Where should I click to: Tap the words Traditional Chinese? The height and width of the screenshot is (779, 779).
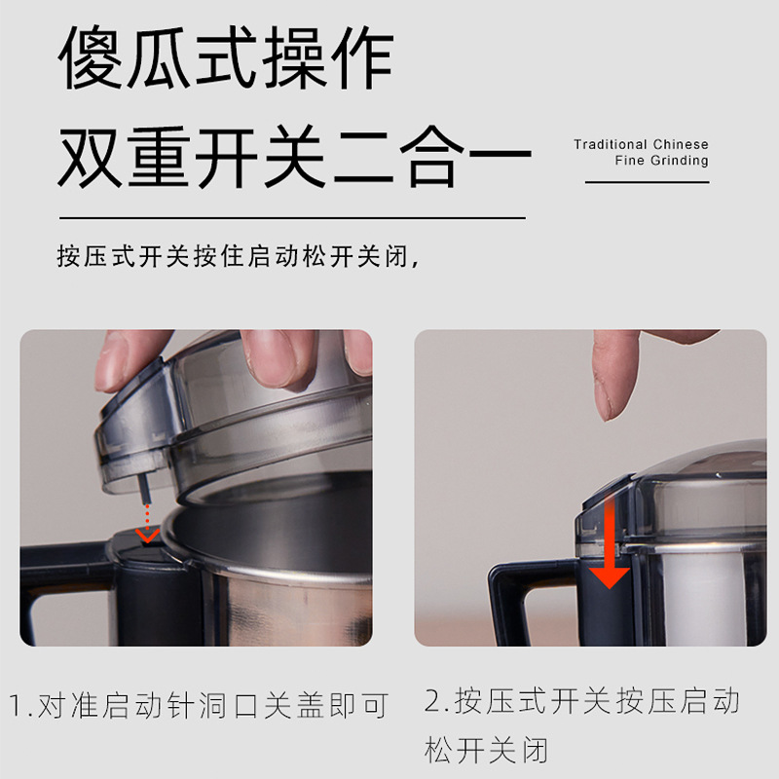[x=641, y=144]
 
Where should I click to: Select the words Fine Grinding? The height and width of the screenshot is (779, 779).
[x=661, y=161]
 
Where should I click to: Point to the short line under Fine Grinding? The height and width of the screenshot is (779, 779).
[x=647, y=182]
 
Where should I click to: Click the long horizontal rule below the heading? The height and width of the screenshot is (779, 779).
[x=292, y=217]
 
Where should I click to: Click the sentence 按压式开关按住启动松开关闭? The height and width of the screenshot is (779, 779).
[x=239, y=258]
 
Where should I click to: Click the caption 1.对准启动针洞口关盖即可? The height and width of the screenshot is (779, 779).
[x=200, y=704]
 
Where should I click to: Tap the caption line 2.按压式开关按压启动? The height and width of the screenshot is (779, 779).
[x=582, y=701]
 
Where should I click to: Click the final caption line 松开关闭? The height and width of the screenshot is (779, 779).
[x=487, y=750]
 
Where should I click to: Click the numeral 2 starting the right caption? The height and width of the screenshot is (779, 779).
[x=434, y=701]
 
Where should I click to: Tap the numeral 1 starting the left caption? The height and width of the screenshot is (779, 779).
[x=17, y=704]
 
